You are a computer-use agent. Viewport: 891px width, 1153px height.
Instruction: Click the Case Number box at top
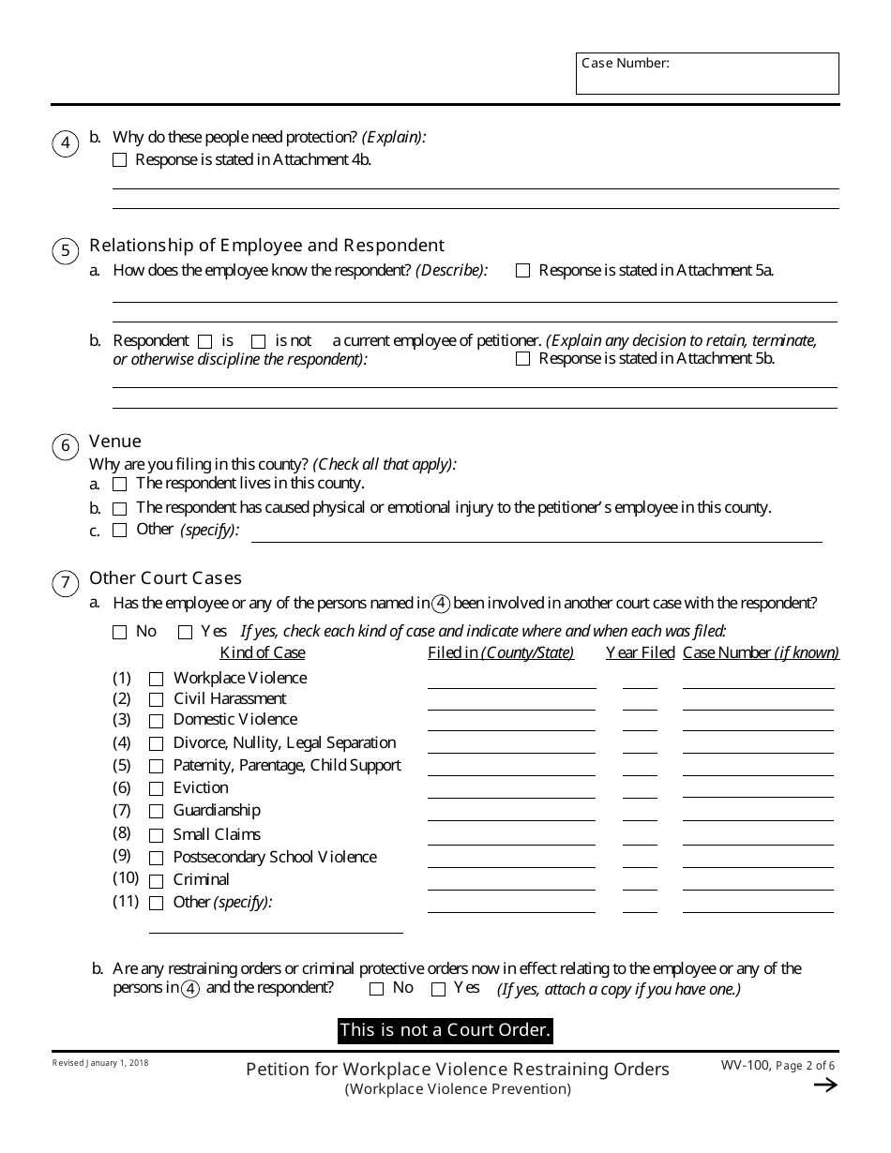point(707,73)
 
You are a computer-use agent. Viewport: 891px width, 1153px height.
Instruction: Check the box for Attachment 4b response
point(119,160)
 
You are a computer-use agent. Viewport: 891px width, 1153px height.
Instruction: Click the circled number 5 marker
point(65,250)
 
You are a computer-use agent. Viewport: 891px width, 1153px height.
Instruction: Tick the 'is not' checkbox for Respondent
point(259,341)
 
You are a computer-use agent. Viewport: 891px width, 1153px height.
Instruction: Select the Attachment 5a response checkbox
point(523,271)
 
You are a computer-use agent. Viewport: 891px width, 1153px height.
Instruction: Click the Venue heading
point(115,441)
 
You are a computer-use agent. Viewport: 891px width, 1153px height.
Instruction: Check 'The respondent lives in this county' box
point(119,485)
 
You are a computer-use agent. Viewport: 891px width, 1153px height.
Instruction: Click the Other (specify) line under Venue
point(536,534)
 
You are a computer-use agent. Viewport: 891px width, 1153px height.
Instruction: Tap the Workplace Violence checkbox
point(157,679)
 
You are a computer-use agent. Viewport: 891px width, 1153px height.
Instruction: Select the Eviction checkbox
point(157,789)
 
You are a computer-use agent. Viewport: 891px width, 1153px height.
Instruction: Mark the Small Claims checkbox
point(157,835)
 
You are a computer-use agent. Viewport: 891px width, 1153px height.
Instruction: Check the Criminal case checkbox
point(157,881)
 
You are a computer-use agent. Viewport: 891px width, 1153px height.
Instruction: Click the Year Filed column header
point(640,652)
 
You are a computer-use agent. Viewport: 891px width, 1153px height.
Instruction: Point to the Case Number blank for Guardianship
point(758,814)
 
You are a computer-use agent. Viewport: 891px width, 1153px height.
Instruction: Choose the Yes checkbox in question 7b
point(438,989)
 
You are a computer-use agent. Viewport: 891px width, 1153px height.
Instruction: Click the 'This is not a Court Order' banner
point(445,1030)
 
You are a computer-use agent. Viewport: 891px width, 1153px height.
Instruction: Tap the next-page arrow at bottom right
point(825,1086)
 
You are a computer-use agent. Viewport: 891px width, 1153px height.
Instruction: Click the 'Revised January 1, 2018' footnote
point(100,1063)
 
